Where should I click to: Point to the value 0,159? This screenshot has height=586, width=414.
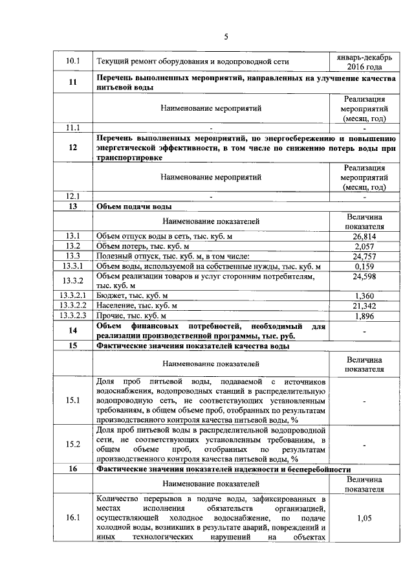coord(365,267)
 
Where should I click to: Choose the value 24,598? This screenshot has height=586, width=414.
coord(365,277)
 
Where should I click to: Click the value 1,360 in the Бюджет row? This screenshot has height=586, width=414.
coord(365,295)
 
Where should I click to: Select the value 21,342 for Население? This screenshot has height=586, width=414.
coord(365,306)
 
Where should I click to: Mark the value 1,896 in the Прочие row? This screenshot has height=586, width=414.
coord(365,316)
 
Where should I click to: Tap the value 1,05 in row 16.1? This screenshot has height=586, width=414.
coord(365,518)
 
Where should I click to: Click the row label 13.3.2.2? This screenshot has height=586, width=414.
coord(73,306)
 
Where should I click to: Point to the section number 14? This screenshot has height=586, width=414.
coord(73,330)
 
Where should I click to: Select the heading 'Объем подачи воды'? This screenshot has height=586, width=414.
coord(134,207)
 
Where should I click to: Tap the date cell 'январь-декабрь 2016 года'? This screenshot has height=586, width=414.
coord(365,62)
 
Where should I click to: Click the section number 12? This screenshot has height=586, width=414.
coord(73,148)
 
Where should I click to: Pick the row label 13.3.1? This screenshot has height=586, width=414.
coord(73,267)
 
